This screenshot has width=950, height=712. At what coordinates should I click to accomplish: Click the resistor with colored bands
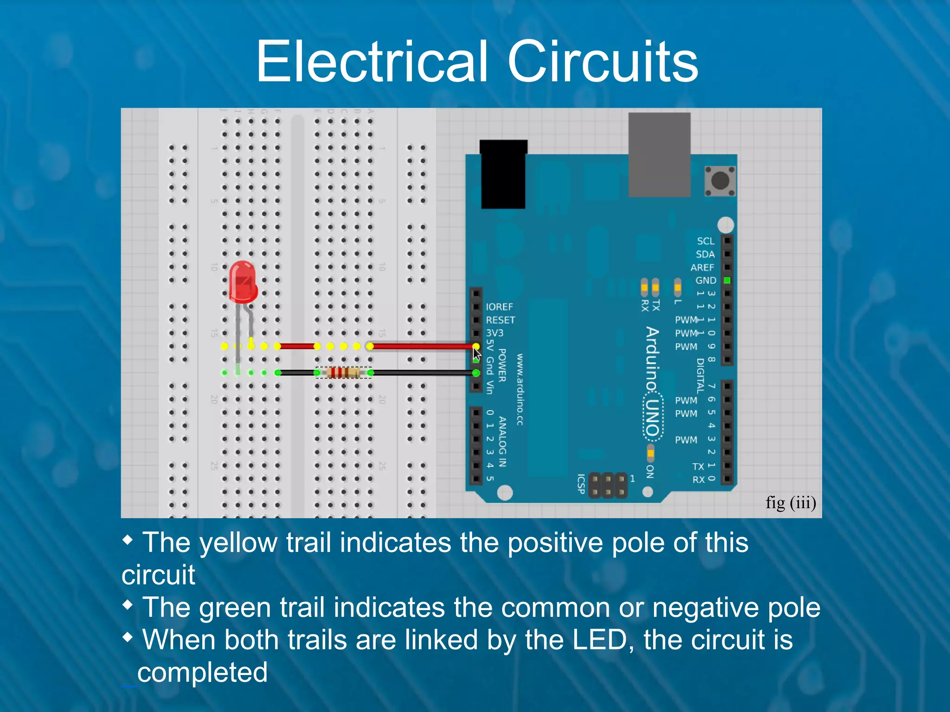(344, 373)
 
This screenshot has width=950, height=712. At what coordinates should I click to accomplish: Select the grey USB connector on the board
(659, 155)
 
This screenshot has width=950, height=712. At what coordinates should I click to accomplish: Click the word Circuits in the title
(603, 62)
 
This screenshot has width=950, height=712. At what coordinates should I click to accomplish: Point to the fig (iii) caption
(790, 502)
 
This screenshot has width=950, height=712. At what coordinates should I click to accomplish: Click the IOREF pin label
(499, 307)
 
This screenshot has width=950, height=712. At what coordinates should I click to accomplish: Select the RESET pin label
(500, 320)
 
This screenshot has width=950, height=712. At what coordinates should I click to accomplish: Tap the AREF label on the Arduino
(702, 267)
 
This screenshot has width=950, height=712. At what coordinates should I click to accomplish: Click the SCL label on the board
(706, 241)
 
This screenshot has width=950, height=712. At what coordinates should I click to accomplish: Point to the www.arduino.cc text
(520, 389)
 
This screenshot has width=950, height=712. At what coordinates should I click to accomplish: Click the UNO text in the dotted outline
(653, 417)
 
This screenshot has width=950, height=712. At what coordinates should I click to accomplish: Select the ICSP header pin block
(608, 485)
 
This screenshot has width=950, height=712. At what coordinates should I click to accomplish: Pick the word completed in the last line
(202, 672)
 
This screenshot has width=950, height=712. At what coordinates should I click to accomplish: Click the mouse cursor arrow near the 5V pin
(477, 355)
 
